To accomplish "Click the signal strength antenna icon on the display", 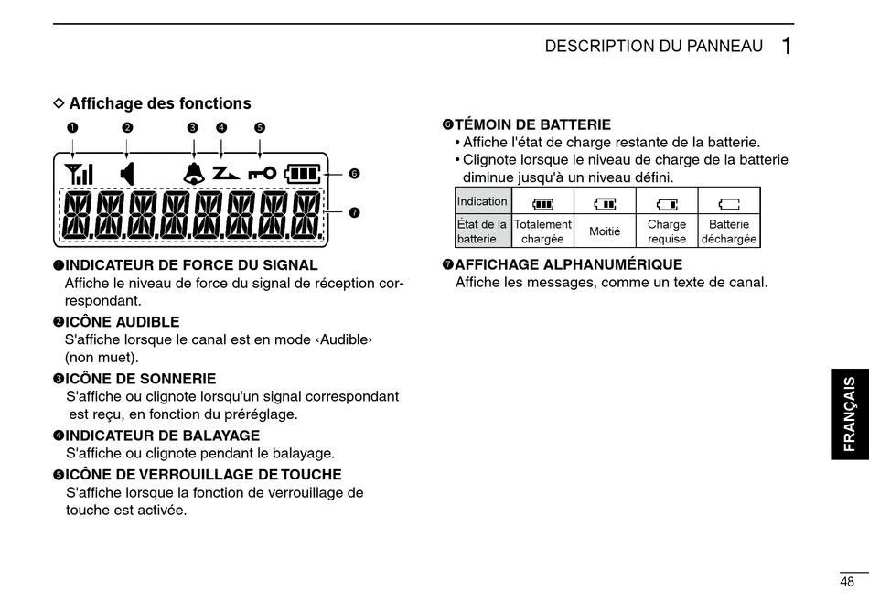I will tap(80, 173).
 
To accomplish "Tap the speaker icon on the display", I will tap(127, 173).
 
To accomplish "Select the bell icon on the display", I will tap(193, 173).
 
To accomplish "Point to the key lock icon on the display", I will tap(261, 173).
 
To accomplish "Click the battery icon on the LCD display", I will tap(304, 173).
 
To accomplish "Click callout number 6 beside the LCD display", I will tap(354, 174).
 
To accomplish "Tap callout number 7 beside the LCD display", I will tap(354, 212).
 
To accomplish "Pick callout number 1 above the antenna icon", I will tap(71, 127).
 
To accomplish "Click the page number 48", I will tap(847, 582).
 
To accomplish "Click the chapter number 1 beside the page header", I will tap(786, 47).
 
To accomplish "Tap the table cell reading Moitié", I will tap(605, 231).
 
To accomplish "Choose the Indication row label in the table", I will tap(482, 201).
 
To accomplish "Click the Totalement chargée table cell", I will tap(542, 231).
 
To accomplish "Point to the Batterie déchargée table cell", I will tap(729, 231).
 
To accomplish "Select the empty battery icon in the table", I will tap(729, 203).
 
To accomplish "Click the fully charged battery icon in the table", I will tap(542, 203).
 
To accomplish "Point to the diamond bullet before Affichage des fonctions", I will tap(59, 103).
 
